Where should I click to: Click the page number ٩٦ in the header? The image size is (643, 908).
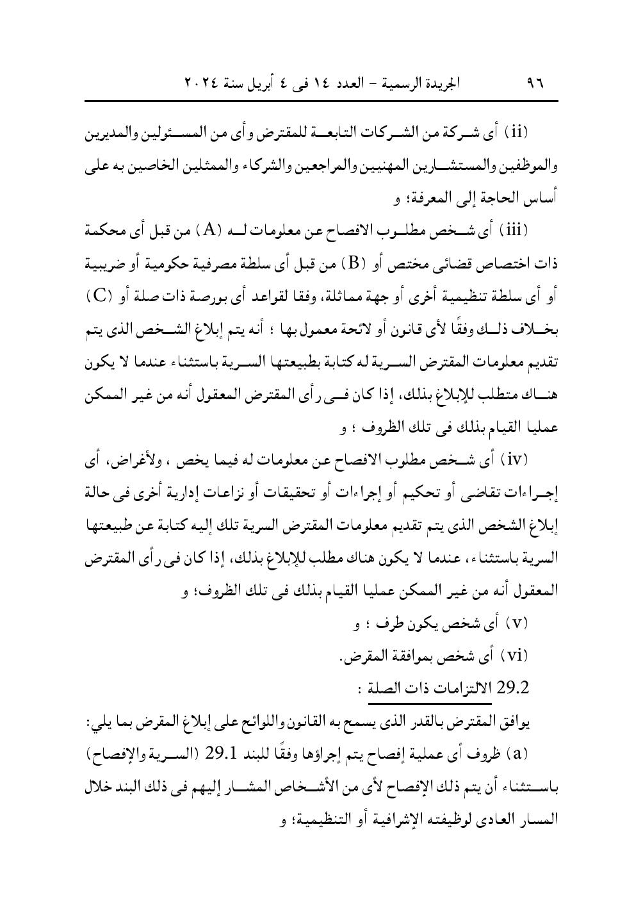click(533, 83)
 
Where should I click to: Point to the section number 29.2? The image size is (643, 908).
click(513, 689)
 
